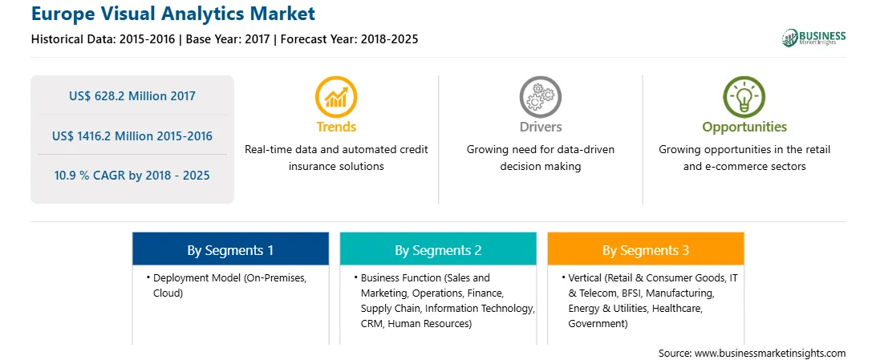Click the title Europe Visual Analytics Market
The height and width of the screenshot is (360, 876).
(173, 14)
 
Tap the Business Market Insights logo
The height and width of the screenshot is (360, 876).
(813, 38)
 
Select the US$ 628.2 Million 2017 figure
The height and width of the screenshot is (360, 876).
(132, 96)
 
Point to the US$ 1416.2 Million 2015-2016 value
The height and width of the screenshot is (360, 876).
(132, 136)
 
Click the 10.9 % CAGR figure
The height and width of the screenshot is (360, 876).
(132, 176)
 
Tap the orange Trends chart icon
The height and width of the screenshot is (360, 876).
(336, 97)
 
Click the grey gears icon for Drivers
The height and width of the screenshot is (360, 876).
(540, 97)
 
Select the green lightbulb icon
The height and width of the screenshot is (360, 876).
(744, 97)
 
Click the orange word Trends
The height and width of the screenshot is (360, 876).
(336, 127)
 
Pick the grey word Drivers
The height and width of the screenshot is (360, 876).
(540, 127)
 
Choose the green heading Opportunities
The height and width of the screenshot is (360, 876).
(744, 127)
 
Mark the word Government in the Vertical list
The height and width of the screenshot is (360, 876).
(596, 324)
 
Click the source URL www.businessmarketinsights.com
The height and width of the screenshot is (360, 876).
(770, 353)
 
